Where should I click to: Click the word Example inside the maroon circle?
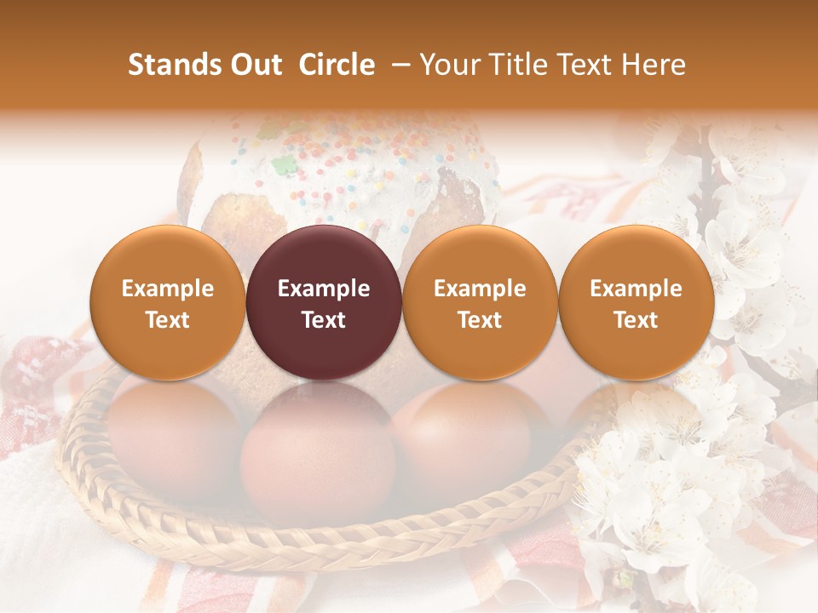324,289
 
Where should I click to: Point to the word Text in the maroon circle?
324,320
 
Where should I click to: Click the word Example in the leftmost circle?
167,289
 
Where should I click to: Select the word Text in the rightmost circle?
637,320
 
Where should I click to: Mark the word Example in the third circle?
480,289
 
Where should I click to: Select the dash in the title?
398,65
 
